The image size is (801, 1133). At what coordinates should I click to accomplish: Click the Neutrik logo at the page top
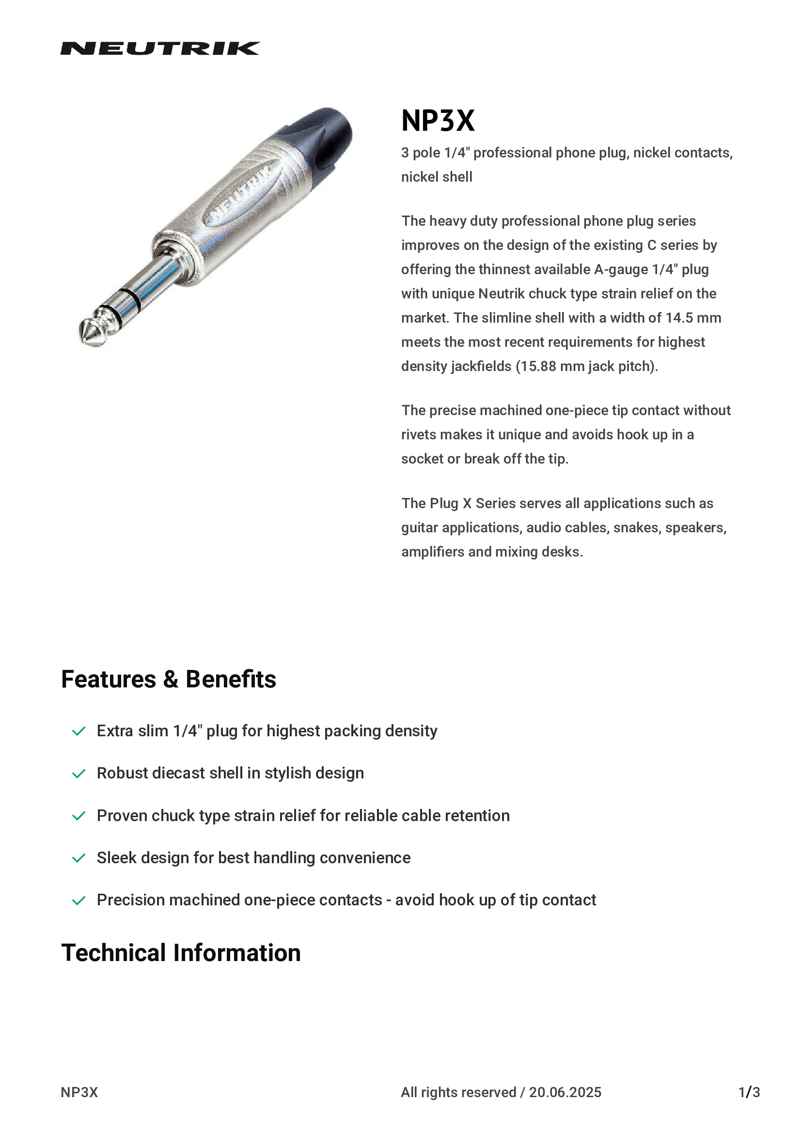pos(160,48)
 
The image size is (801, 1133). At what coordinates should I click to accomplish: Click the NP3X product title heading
pos(438,121)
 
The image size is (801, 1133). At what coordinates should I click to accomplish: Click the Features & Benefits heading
pos(168,679)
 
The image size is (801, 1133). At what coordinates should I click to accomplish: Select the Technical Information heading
pos(181,953)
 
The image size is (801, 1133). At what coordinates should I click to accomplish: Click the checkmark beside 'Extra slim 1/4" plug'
pos(79,731)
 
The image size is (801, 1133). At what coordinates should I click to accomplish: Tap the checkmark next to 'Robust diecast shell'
pos(79,774)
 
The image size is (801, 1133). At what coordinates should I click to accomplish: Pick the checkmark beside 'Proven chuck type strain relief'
pos(79,816)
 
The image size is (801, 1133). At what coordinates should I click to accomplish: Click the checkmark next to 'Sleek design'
pos(79,859)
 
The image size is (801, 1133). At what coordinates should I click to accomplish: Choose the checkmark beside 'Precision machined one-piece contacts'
pos(79,901)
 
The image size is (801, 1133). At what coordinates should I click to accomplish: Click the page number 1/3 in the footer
pos(749,1092)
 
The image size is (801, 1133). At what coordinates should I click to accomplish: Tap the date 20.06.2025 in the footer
pos(565,1092)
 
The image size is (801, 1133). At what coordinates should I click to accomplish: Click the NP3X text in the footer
pos(79,1092)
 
